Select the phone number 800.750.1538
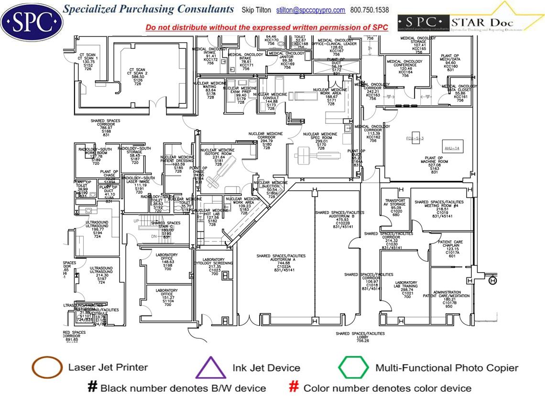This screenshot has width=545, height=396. [x=370, y=10]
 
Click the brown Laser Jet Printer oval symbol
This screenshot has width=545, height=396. [x=47, y=368]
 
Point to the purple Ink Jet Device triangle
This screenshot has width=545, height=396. [x=211, y=368]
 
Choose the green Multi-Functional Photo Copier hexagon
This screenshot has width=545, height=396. [x=353, y=368]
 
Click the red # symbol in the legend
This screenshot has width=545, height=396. [x=294, y=387]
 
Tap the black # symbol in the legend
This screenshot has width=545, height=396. [x=92, y=387]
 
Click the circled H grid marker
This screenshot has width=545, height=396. [x=493, y=281]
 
